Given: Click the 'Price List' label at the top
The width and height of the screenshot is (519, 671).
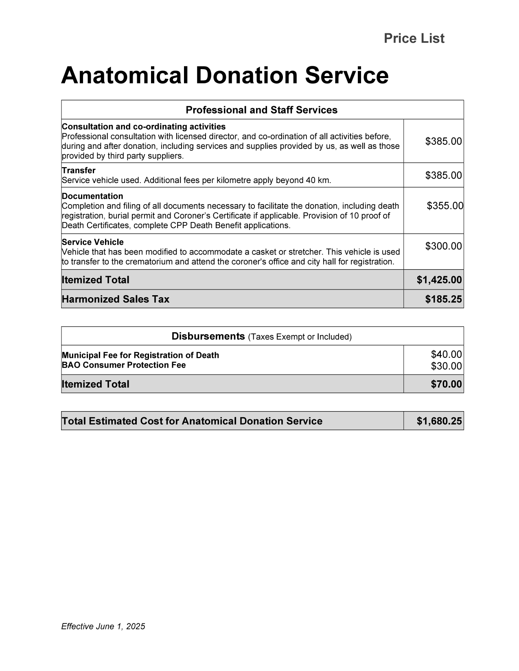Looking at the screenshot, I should [x=414, y=39].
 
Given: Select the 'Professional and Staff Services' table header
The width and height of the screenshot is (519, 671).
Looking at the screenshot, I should [x=261, y=110].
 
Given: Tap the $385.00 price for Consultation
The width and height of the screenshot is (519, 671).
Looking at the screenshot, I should [x=443, y=141].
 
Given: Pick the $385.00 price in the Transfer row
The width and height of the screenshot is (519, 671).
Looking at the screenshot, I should [x=443, y=175].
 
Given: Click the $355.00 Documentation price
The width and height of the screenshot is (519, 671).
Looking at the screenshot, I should [x=445, y=206].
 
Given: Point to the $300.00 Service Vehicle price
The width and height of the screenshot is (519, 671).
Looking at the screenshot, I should [x=443, y=246].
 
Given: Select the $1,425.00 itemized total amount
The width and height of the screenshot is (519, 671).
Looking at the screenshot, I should [x=439, y=280].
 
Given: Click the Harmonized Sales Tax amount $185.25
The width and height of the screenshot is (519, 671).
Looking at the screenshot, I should [x=443, y=299].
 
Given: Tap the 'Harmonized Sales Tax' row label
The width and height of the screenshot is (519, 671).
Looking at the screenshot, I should [x=115, y=299].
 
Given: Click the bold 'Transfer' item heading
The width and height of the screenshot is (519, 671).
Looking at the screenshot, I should [x=79, y=170].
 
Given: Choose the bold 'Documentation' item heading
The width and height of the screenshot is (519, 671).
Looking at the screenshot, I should [x=92, y=196].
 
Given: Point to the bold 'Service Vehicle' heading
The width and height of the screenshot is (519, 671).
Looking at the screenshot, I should [x=93, y=242].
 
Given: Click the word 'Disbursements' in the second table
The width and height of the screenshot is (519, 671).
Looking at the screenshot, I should [x=208, y=336].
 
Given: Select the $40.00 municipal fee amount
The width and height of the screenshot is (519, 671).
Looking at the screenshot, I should [x=446, y=355].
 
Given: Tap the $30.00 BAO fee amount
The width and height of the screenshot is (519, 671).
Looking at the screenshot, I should [x=446, y=366].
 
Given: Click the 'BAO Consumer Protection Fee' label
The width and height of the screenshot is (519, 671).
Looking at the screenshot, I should [x=124, y=365].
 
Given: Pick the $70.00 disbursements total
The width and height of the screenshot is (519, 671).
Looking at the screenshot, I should [x=446, y=384].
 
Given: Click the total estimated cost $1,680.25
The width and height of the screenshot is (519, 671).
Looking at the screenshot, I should [x=439, y=421].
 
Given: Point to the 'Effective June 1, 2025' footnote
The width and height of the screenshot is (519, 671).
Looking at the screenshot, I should [x=103, y=626].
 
